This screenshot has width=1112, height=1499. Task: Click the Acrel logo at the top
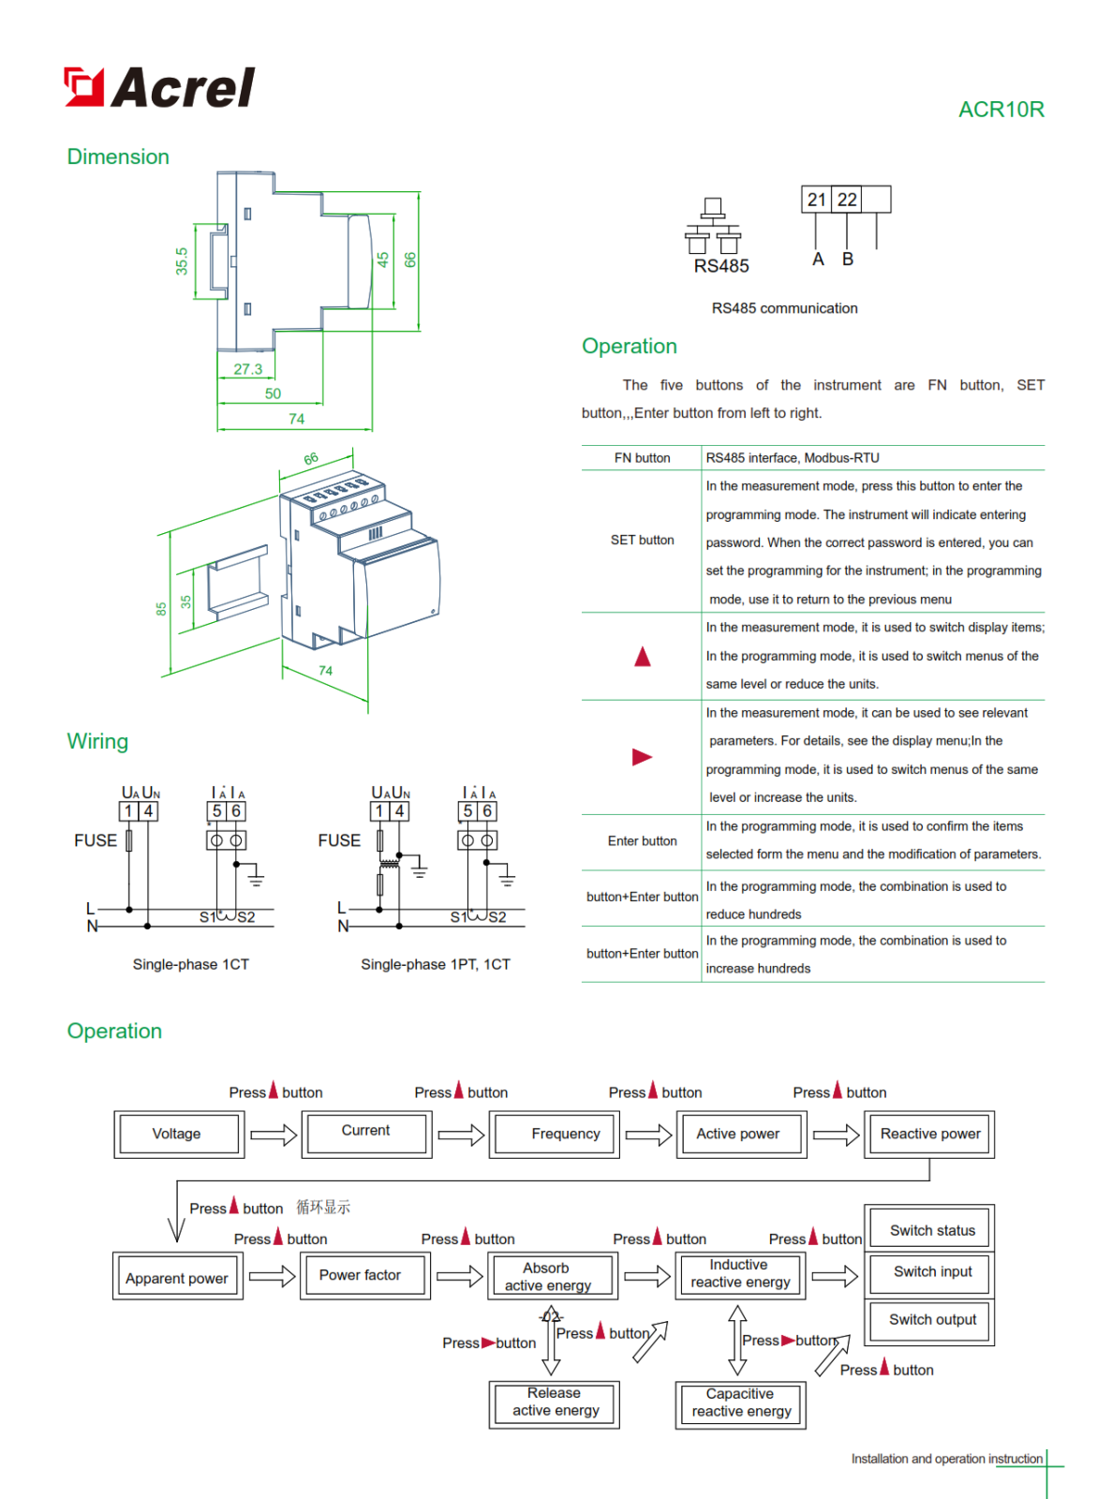click(159, 87)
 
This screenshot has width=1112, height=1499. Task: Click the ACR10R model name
click(1001, 110)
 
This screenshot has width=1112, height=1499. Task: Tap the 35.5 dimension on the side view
click(182, 260)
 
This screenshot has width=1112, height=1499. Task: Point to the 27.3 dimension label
click(247, 369)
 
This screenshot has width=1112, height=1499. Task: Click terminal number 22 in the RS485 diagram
click(847, 200)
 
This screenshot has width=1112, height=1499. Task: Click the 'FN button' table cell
click(642, 458)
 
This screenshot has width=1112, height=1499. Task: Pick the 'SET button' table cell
click(642, 541)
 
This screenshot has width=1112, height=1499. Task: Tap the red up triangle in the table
click(642, 657)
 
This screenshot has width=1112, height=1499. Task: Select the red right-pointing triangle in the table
click(642, 757)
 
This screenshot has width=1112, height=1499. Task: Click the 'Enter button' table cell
click(642, 841)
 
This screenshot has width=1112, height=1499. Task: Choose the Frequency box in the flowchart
click(554, 1135)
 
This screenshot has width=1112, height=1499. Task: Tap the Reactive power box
click(928, 1135)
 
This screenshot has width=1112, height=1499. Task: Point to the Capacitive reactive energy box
click(740, 1403)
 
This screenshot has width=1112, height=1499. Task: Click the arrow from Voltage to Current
click(274, 1135)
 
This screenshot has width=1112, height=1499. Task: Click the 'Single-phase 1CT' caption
click(191, 964)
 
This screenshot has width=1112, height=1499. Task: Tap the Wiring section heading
click(97, 741)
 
